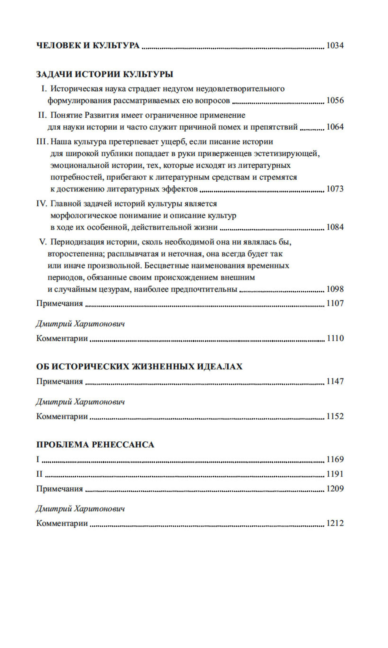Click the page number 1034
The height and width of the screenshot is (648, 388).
click(x=335, y=46)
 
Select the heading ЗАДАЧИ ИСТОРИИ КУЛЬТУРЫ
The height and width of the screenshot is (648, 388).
click(x=105, y=74)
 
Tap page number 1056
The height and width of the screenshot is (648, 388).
click(x=335, y=101)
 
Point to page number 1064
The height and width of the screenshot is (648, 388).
click(x=335, y=127)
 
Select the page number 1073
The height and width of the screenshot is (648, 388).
click(x=335, y=189)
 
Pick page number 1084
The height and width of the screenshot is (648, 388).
click(x=335, y=227)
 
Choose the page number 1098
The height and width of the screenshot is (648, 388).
click(x=335, y=289)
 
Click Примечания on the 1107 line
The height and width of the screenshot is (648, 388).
click(x=59, y=304)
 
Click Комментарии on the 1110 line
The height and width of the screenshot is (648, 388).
click(x=62, y=339)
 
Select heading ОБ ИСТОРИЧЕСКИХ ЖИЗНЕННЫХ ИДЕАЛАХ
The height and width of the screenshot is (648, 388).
click(x=139, y=367)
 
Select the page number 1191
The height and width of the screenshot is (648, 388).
click(x=335, y=474)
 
